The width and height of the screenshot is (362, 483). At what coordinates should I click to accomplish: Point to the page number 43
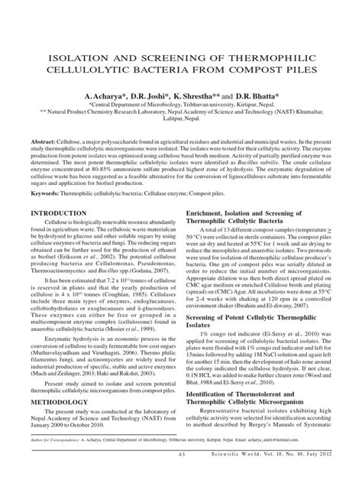tap(180, 475)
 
